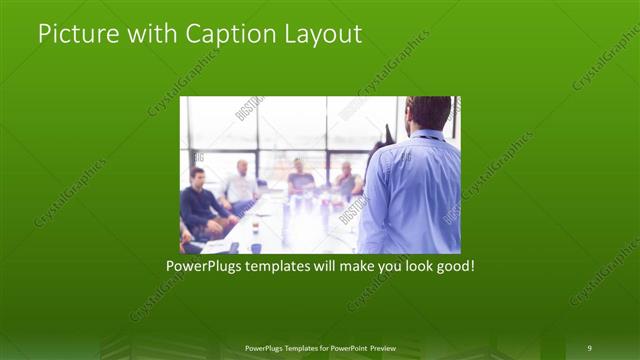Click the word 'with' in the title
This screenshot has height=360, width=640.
point(151,34)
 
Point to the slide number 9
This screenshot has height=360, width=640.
point(590,347)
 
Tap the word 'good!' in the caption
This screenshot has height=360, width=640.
point(452,268)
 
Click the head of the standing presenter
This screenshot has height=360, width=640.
point(430,113)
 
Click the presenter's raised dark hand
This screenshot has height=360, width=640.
point(387,134)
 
